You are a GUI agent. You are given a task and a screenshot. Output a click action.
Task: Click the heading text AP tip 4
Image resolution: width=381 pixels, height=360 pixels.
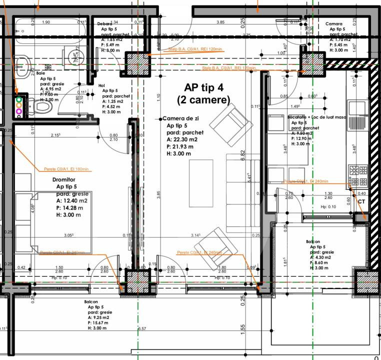pyautogui.click(x=203, y=87)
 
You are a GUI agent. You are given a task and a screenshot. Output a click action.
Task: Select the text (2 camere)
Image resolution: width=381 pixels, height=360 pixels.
pyautogui.click(x=203, y=100)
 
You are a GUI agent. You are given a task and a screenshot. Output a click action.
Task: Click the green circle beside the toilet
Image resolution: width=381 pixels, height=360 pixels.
pyautogui.click(x=19, y=99)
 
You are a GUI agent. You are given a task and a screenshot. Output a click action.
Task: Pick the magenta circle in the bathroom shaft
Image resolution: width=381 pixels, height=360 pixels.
pyautogui.click(x=19, y=110)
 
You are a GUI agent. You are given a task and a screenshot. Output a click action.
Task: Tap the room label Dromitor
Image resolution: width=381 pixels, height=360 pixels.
pyautogui.click(x=63, y=179)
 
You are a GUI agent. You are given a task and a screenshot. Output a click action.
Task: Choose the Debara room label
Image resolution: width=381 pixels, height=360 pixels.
pyautogui.click(x=104, y=23)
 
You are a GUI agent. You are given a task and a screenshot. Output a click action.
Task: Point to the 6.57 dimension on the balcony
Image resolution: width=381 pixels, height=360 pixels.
pyautogui.click(x=142, y=329)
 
